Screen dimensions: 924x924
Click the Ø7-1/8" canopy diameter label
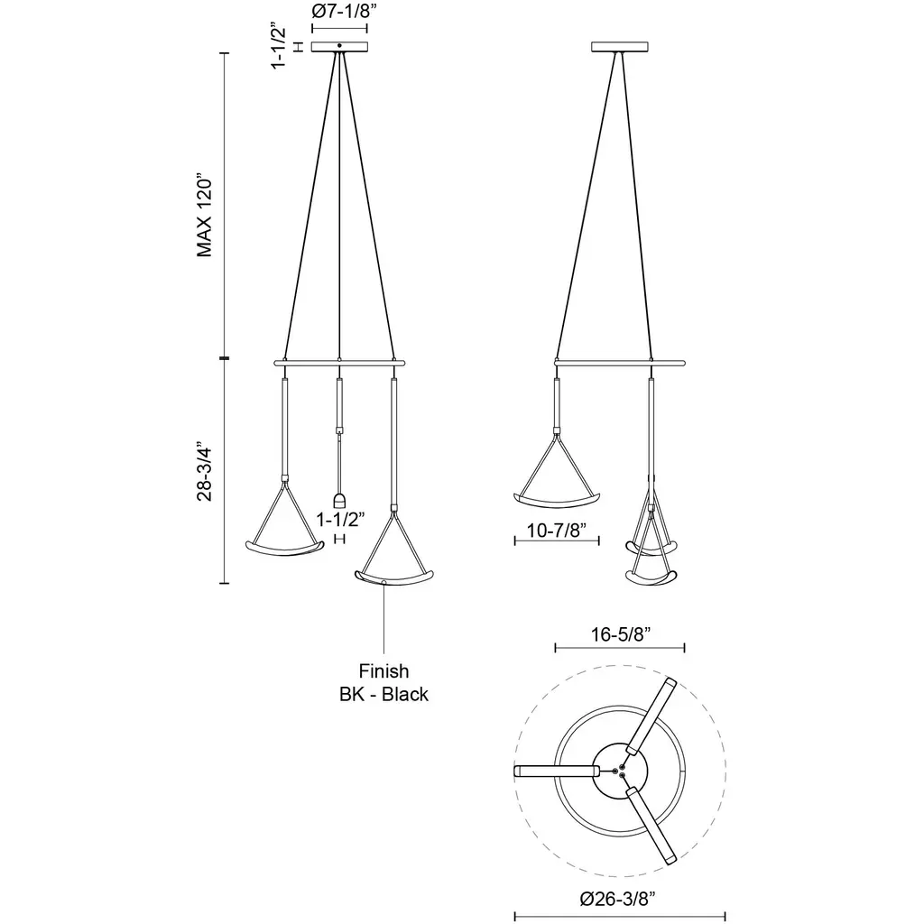[344, 11]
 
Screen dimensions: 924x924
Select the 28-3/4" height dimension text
[204, 471]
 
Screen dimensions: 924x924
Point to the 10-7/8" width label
[556, 531]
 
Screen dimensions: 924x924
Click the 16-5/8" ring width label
[621, 634]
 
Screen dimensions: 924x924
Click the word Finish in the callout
[383, 671]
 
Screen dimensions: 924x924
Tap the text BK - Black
[383, 694]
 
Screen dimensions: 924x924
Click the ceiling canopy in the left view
[339, 47]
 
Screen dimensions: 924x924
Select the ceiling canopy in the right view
[619, 47]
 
